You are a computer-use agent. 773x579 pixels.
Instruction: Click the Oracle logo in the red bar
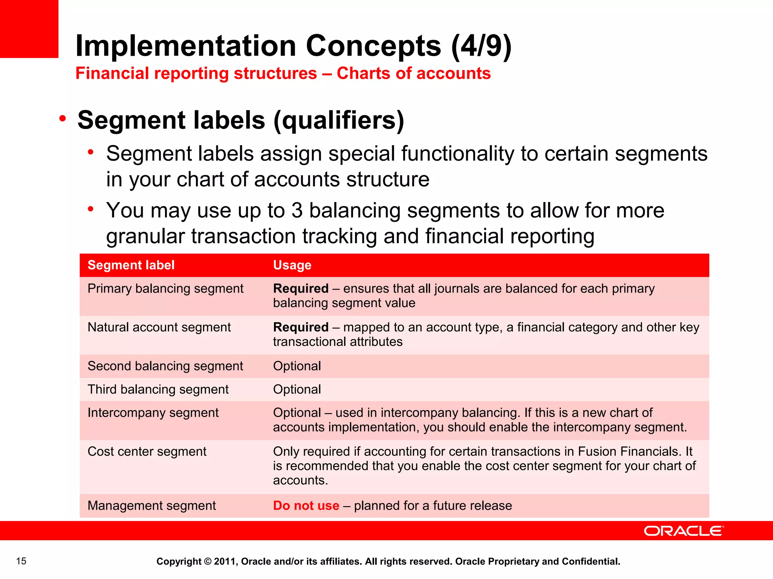[684, 531]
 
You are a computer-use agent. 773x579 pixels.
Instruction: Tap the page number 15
[21, 561]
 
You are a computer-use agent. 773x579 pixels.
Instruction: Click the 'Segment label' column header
[131, 265]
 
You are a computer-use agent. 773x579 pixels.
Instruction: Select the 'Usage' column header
[292, 265]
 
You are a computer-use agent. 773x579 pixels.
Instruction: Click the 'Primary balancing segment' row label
[165, 288]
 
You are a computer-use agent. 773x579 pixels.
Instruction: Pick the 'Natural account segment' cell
[159, 327]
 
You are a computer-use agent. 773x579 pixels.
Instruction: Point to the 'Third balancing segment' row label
[158, 389]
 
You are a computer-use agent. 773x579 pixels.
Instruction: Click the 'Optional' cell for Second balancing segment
[297, 366]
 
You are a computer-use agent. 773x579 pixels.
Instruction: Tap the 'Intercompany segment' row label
[153, 413]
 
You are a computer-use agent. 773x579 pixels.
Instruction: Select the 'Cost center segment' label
[147, 452]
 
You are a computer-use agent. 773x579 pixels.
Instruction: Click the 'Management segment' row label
[151, 505]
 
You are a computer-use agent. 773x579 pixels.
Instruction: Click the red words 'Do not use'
[306, 505]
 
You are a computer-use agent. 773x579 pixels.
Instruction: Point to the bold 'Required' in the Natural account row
[301, 327]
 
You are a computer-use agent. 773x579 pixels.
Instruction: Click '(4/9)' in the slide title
[481, 46]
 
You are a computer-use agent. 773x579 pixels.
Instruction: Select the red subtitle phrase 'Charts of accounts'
[414, 74]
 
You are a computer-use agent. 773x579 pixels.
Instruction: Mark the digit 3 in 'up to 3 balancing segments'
[297, 210]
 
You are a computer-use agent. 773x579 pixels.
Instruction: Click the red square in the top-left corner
[29, 29]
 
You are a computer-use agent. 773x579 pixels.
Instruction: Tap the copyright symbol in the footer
[208, 561]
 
